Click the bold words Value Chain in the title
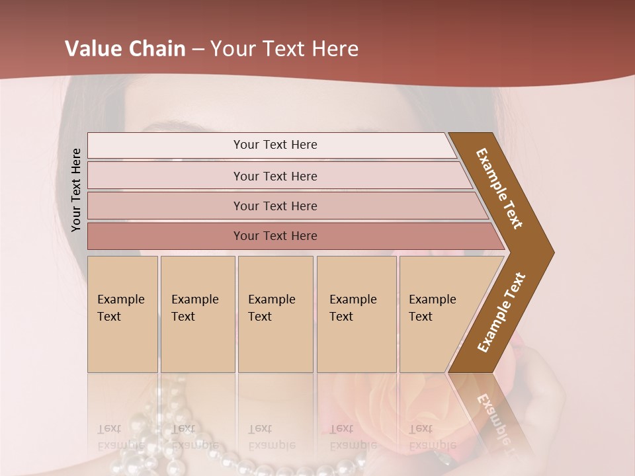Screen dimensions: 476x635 125,49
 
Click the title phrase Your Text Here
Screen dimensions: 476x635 284,49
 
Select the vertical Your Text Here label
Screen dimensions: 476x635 76,190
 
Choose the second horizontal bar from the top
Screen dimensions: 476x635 275,176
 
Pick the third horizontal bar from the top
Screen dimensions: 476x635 275,206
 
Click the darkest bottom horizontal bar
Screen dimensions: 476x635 275,236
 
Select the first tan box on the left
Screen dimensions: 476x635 122,314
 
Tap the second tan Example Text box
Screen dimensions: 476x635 197,314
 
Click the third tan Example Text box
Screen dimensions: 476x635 275,314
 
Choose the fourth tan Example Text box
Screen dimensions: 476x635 356,314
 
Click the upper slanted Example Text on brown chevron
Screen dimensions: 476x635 500,188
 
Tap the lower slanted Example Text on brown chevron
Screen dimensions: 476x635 501,312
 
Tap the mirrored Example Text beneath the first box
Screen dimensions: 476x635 120,436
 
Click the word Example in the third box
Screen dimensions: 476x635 271,299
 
